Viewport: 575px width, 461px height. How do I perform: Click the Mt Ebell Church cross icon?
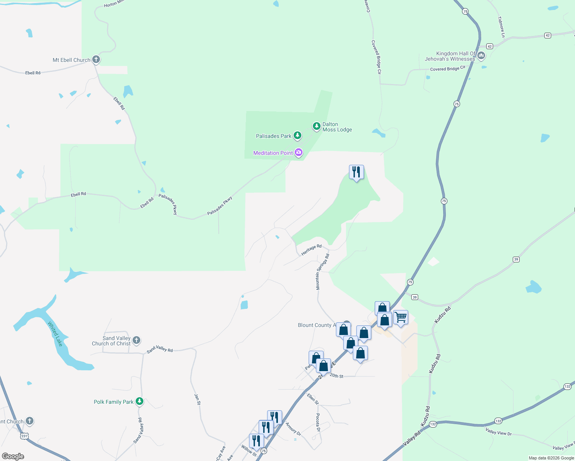point(96,60)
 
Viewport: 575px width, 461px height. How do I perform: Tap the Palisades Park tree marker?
point(297,135)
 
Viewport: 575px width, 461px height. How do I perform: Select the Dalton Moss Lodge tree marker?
point(316,126)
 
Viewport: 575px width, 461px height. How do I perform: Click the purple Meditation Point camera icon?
point(298,153)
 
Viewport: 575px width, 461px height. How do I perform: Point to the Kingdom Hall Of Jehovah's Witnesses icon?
point(481,56)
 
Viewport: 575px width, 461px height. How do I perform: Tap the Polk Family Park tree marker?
point(140,401)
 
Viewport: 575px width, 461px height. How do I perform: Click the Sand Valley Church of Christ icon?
point(136,340)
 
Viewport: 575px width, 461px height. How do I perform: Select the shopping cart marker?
point(401,317)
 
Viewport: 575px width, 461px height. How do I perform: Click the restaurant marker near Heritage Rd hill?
point(356,172)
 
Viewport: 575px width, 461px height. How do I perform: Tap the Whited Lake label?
point(55,334)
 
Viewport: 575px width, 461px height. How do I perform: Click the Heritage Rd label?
point(311,250)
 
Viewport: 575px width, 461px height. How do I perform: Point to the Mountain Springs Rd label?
point(322,272)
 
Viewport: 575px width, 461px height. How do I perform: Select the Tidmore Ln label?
point(502,27)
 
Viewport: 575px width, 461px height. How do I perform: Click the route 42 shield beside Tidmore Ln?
point(548,35)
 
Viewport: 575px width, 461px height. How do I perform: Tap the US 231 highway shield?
point(24,436)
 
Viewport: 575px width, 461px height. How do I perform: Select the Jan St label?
point(197,399)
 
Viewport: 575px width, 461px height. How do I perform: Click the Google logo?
point(13,456)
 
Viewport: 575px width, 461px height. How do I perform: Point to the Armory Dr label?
point(293,428)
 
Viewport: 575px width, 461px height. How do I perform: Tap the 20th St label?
point(336,376)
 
